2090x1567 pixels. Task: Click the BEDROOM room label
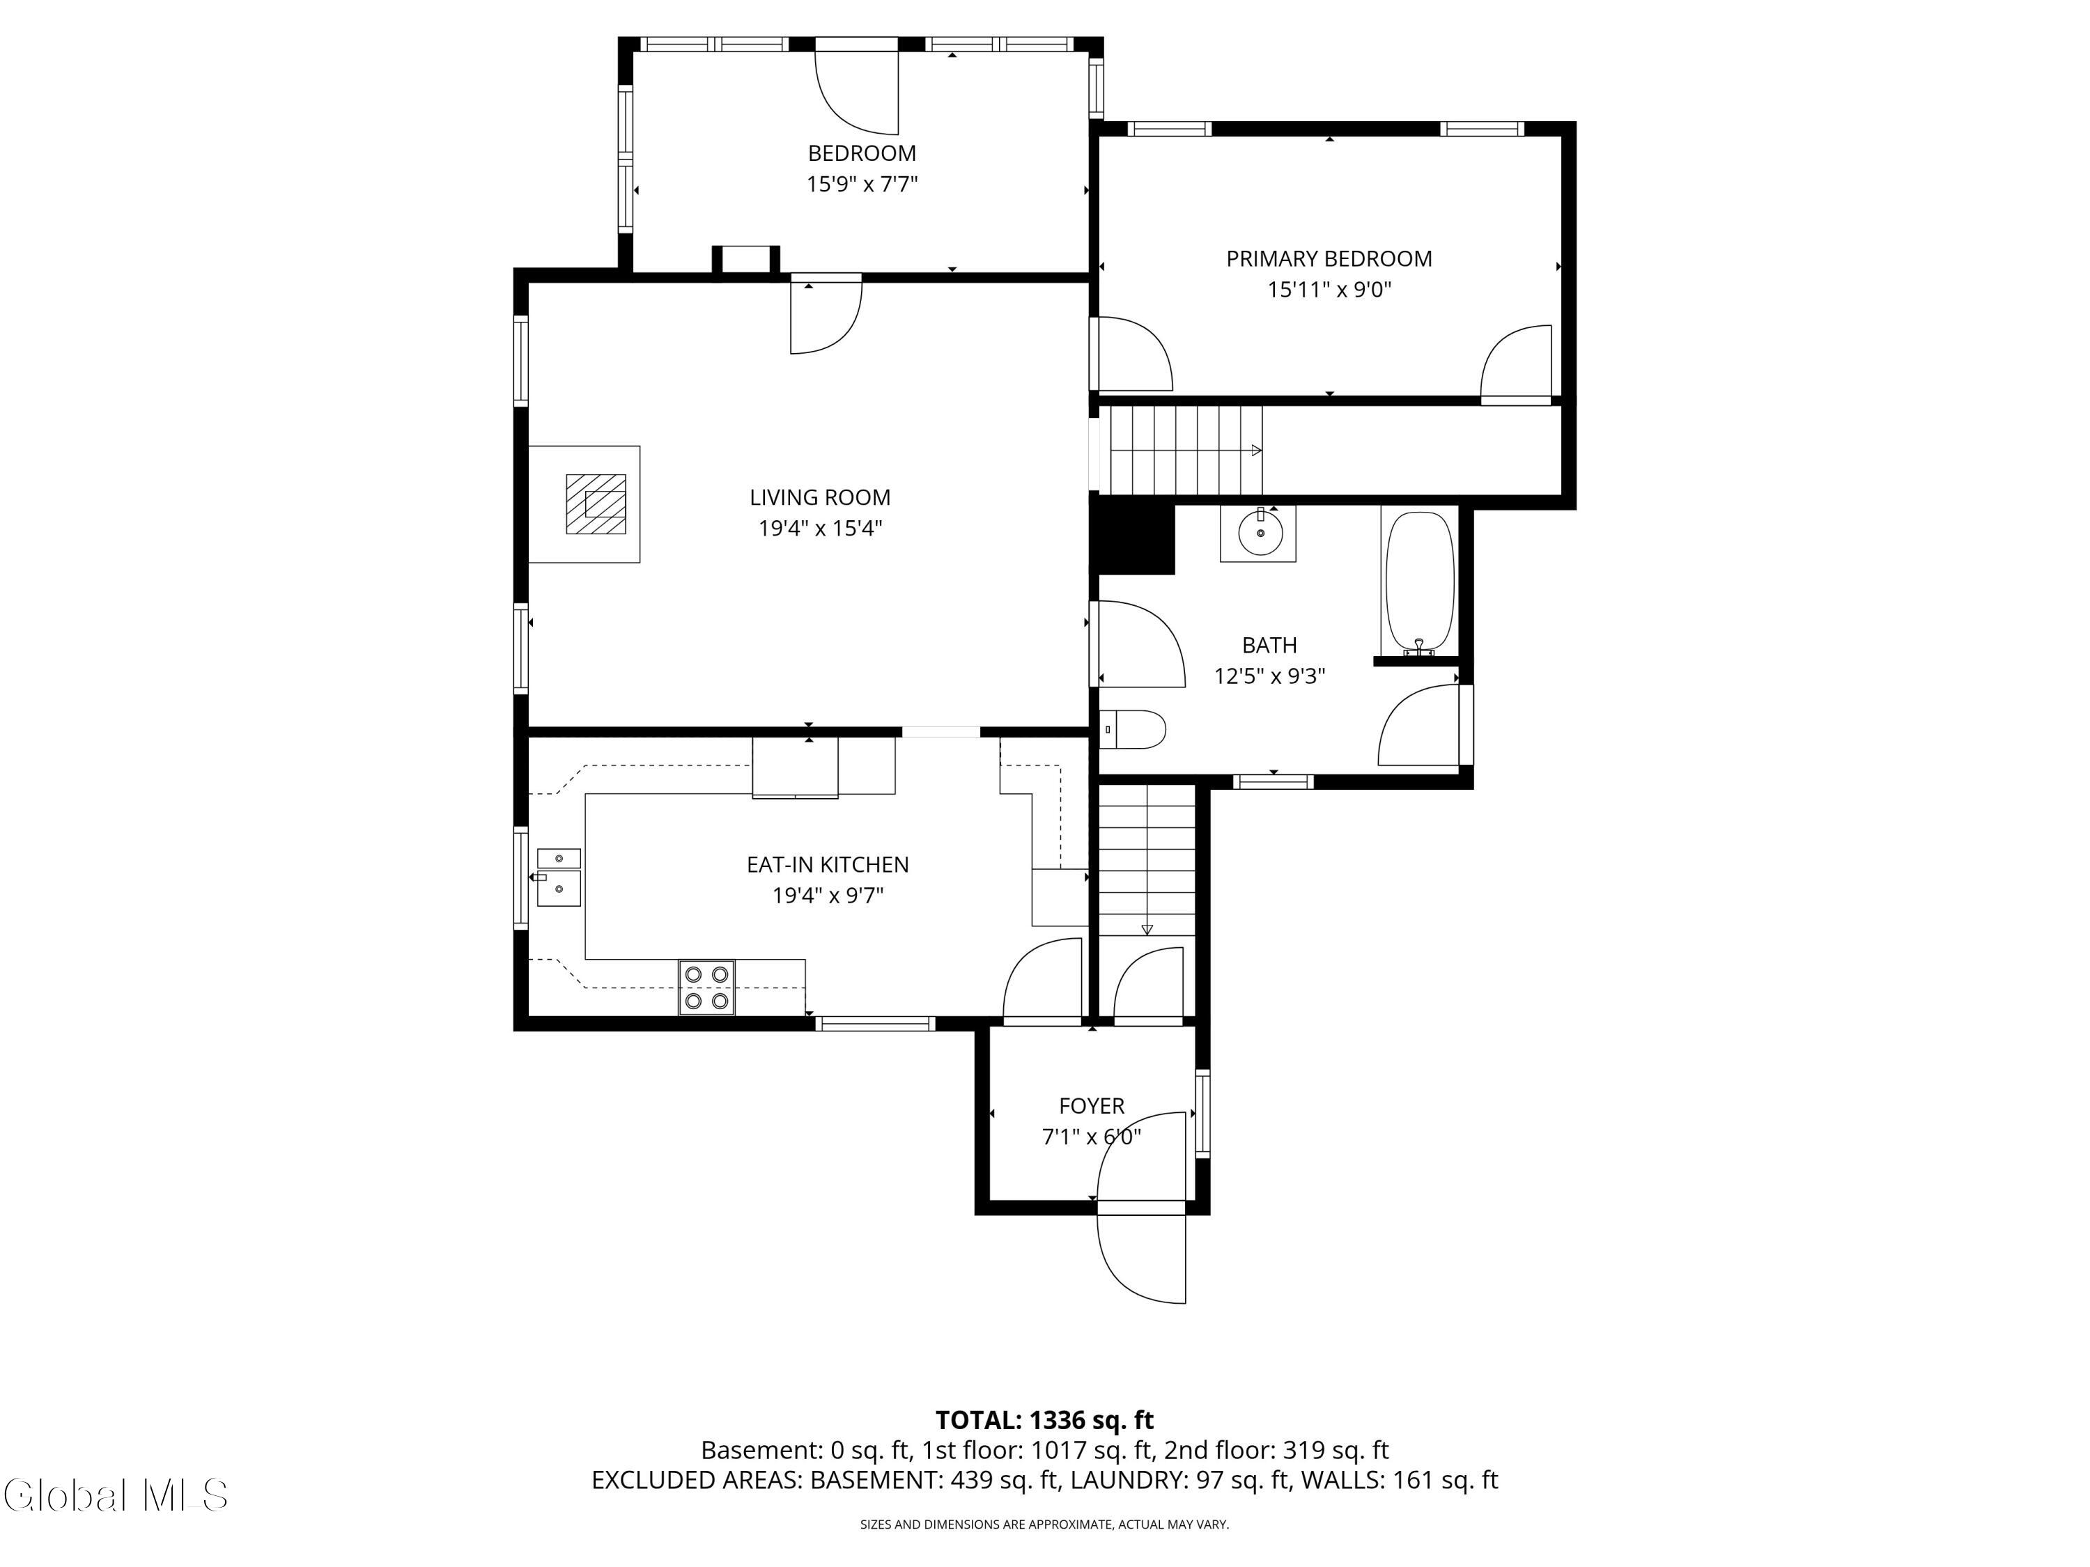tap(861, 153)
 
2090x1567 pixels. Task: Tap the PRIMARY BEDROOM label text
tap(1328, 259)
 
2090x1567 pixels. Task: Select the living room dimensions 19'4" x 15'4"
tap(819, 528)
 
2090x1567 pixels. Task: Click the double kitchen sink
tap(559, 877)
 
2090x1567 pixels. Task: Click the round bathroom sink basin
tap(1260, 533)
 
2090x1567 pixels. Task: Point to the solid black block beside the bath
tap(1133, 538)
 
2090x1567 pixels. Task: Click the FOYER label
tap(1090, 1105)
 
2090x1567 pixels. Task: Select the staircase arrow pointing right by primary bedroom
tap(1255, 451)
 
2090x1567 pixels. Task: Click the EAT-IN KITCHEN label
tap(827, 864)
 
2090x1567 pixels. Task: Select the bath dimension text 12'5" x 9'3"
tap(1269, 676)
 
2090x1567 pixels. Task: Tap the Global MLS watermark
tap(115, 1495)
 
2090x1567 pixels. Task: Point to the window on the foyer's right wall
tap(1202, 1114)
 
